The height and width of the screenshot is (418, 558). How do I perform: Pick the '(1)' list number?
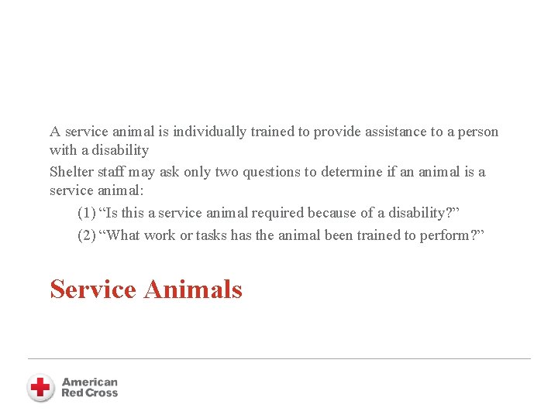[x=87, y=213]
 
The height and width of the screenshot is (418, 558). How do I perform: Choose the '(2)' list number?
[x=87, y=235]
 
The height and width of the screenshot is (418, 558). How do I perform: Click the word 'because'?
[x=332, y=213]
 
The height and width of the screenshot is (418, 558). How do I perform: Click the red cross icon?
[x=40, y=387]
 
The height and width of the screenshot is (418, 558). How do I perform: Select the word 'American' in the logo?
[x=90, y=382]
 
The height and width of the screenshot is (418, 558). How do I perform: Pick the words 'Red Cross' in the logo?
[x=90, y=393]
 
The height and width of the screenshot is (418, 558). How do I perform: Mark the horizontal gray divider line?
[x=279, y=358]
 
